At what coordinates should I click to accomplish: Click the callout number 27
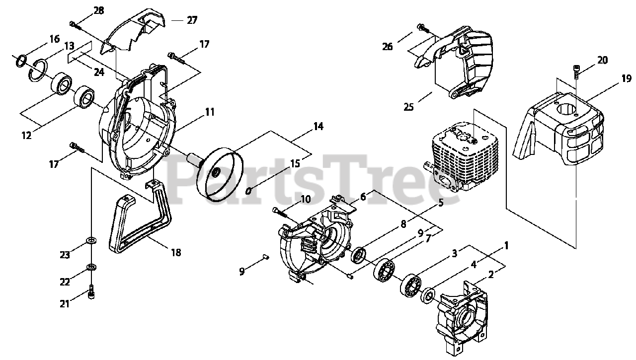coord(192,20)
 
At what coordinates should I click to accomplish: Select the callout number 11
coord(210,112)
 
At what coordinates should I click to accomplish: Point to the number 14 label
coord(318,127)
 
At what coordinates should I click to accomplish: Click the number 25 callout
coord(408,107)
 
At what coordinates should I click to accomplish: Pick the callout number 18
coord(175,252)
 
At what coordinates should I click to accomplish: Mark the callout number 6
coord(363,197)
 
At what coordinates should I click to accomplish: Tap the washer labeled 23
coord(92,241)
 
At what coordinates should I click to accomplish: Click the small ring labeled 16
coord(21,61)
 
